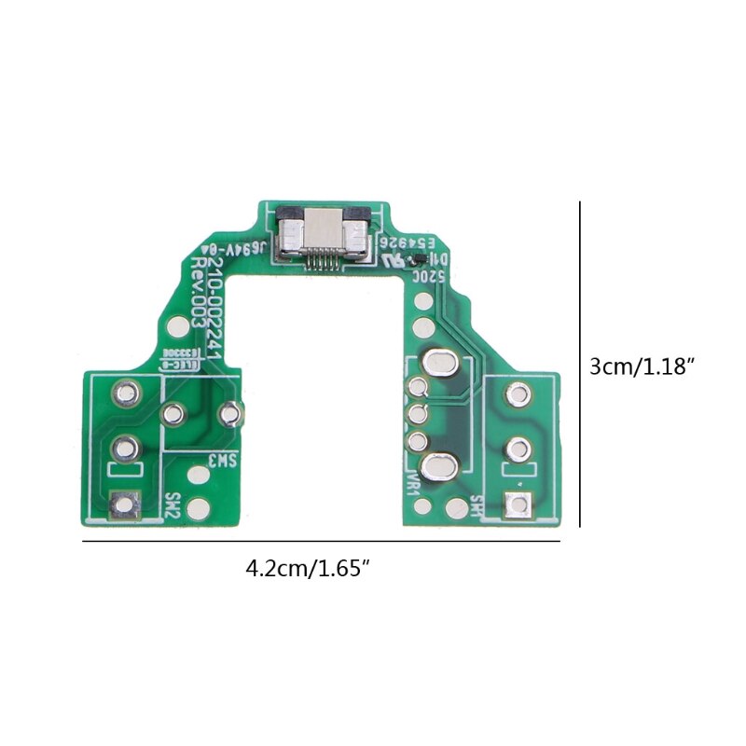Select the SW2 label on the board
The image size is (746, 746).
pos(172,505)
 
